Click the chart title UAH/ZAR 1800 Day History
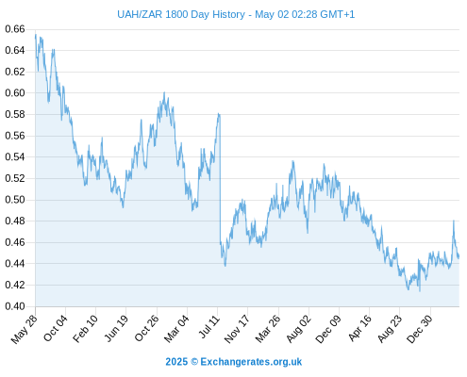[181, 14]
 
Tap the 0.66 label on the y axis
[15, 29]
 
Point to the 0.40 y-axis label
[15, 306]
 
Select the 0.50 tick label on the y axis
[15, 200]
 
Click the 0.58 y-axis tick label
[15, 114]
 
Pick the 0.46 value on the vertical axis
[15, 242]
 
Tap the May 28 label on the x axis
[25, 329]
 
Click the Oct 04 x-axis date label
[56, 328]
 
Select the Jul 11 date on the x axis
[209, 327]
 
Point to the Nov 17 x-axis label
[237, 329]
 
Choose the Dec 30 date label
[420, 329]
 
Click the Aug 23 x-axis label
[390, 329]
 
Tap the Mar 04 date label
[176, 328]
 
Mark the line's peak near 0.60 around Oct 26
[164, 92]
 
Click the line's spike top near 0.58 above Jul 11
[219, 114]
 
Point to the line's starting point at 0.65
[36, 35]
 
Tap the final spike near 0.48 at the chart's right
[454, 221]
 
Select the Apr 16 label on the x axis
[360, 328]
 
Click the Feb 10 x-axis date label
[85, 329]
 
